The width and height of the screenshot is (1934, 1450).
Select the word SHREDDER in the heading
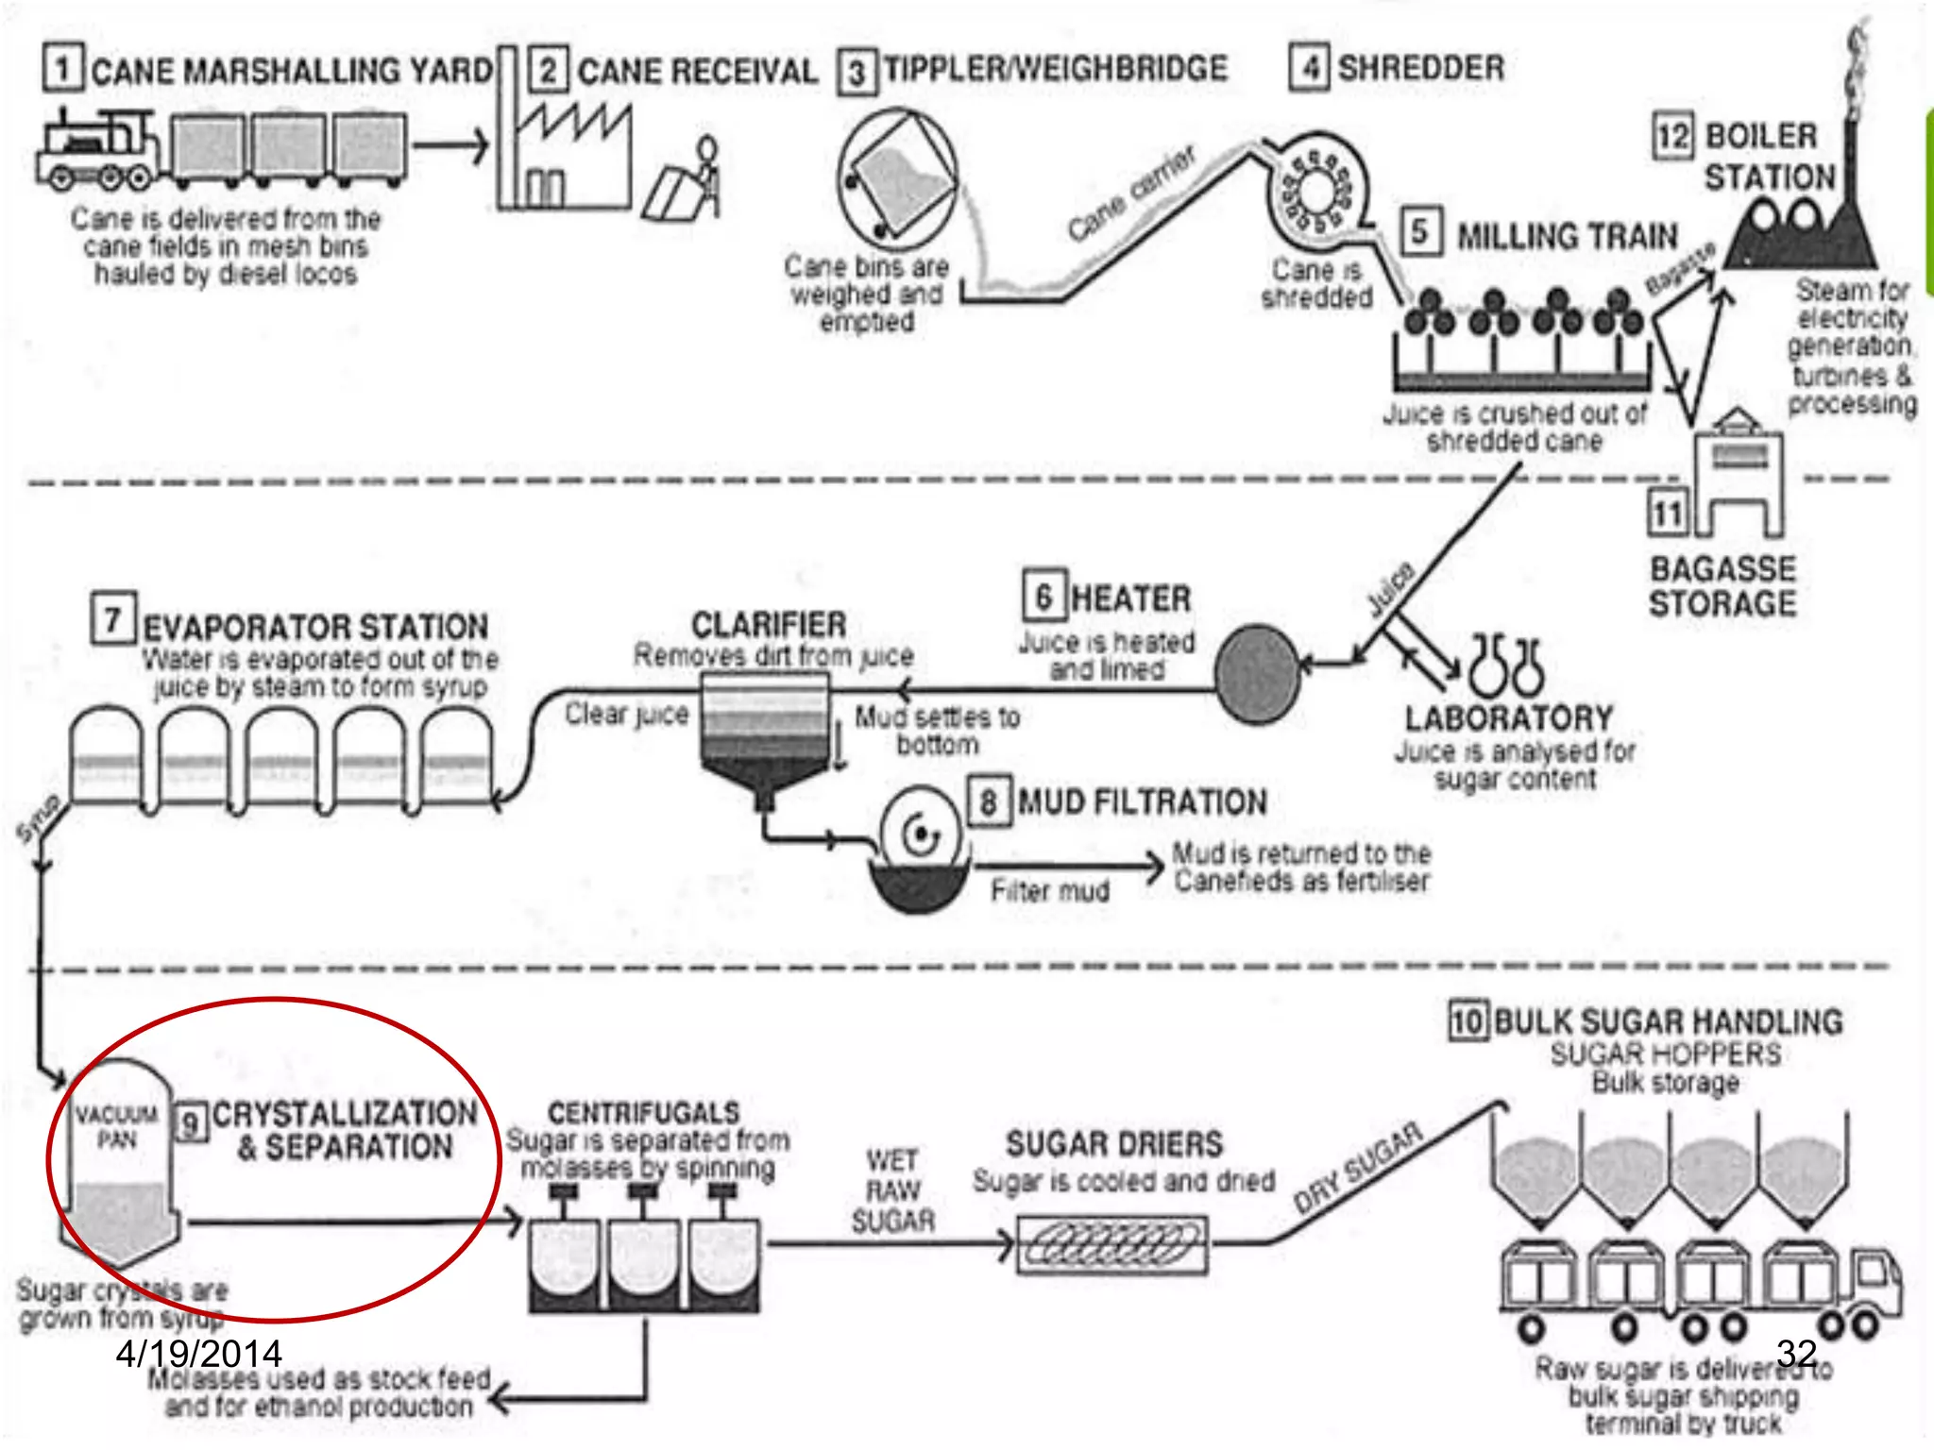tap(1421, 68)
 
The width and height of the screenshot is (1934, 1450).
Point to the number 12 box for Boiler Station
tap(1672, 136)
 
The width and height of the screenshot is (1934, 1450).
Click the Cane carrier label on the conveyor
tap(1131, 194)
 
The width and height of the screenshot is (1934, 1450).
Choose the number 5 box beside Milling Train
tap(1419, 232)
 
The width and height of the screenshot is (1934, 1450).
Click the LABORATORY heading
tap(1509, 718)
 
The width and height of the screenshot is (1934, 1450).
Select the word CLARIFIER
tap(769, 625)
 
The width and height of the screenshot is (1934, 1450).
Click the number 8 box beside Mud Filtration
tap(989, 802)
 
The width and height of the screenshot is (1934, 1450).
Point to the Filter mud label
tap(1050, 890)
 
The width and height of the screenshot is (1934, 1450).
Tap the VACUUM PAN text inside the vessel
tap(117, 1127)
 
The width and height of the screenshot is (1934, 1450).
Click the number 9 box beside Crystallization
tap(192, 1122)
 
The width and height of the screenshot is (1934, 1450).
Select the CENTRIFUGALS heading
tap(644, 1112)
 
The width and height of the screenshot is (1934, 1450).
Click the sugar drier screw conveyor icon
tap(1111, 1245)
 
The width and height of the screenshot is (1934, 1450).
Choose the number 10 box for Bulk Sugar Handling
tap(1468, 1021)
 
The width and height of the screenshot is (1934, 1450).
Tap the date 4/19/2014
tap(198, 1354)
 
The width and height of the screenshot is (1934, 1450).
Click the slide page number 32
tap(1796, 1353)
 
